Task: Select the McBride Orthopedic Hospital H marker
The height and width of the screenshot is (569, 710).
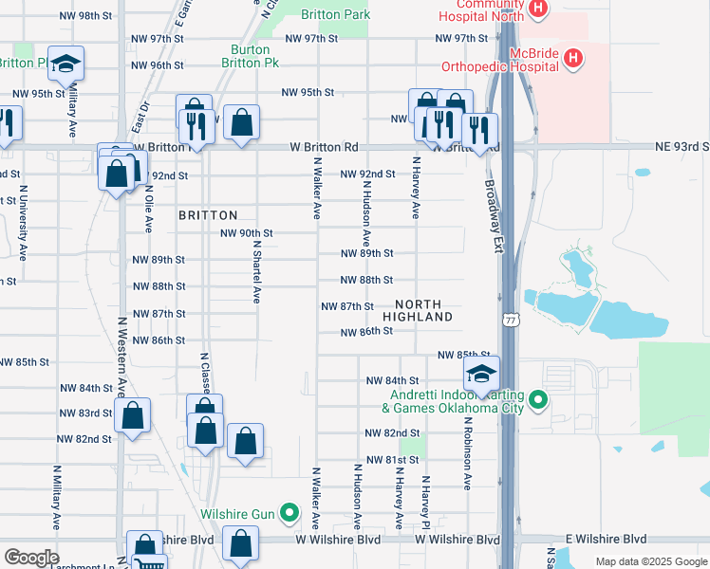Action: tap(572, 59)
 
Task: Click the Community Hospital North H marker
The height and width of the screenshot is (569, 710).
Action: tap(538, 9)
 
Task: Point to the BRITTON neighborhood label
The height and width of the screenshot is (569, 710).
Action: tap(208, 216)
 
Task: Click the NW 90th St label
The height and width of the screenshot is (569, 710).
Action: tap(247, 233)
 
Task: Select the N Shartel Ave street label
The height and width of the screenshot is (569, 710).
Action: tap(256, 270)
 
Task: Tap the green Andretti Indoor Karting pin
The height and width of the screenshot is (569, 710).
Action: tap(538, 399)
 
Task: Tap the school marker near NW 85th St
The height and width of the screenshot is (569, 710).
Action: tap(481, 373)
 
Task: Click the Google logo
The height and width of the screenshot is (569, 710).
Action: tap(31, 558)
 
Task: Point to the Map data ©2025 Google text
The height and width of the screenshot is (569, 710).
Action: tap(650, 561)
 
